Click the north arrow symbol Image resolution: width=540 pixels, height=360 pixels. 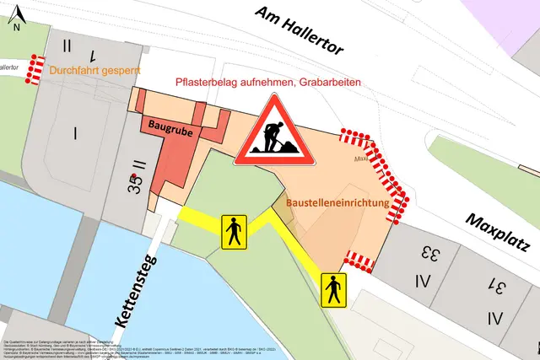click(19, 12)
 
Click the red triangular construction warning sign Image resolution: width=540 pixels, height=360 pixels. click(274, 132)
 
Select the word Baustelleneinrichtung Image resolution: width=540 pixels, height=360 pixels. click(337, 204)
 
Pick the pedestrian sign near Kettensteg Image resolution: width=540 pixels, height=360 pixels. click(233, 231)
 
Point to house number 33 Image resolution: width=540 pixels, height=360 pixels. click(430, 251)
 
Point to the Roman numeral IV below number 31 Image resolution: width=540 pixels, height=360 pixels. click(494, 319)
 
